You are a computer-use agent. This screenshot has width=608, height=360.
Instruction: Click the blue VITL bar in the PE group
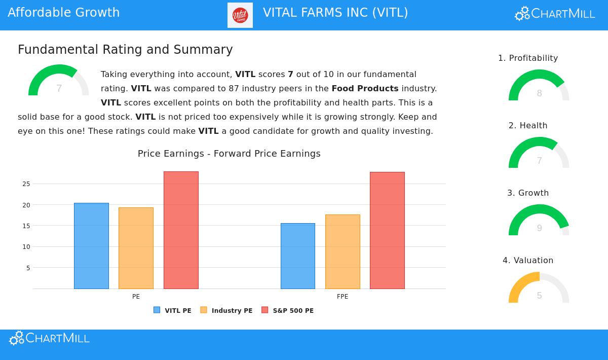[x=91, y=246]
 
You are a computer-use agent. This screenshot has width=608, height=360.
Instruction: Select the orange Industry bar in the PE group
[x=136, y=248]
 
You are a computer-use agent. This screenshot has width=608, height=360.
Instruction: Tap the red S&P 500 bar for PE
[x=181, y=230]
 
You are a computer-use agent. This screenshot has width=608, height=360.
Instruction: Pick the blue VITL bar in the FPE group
[x=298, y=256]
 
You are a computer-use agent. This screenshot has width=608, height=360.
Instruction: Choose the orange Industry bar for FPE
[x=343, y=251]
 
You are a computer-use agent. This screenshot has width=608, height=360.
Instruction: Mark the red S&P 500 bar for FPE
[x=387, y=230]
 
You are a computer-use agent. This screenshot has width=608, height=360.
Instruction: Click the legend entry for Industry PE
[x=226, y=310]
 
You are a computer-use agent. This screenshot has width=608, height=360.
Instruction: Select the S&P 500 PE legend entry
[x=287, y=310]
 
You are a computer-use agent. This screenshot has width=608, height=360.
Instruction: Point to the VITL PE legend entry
[x=172, y=310]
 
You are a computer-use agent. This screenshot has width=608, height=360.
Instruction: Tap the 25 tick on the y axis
[x=26, y=184]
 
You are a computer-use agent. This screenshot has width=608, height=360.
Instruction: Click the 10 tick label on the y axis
[x=26, y=247]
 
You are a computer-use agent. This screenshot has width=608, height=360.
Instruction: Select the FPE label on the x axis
[x=343, y=297]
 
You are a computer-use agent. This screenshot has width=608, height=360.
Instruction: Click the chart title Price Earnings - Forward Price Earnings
[x=229, y=154]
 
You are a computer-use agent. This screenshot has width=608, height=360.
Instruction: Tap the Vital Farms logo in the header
[x=240, y=15]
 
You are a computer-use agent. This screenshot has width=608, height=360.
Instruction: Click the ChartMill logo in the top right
[x=555, y=14]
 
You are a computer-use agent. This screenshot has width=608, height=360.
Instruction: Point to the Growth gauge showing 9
[x=539, y=221]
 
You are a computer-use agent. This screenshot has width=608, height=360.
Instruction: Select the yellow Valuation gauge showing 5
[x=539, y=289]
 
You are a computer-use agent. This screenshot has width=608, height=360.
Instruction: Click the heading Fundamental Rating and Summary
[x=125, y=50]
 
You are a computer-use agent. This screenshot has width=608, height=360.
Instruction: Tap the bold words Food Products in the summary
[x=365, y=88]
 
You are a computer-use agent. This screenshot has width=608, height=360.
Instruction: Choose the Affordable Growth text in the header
[x=64, y=13]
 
